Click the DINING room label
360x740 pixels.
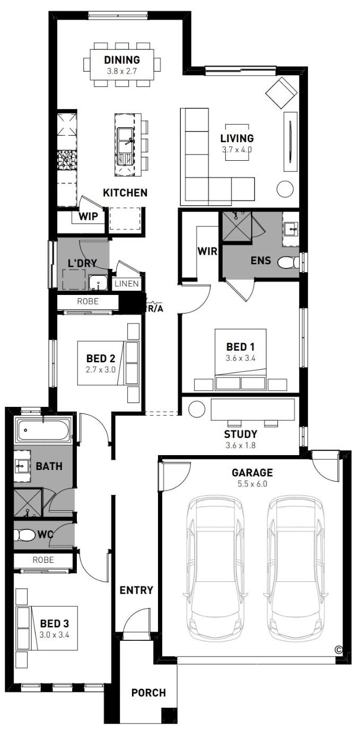pos(122,60)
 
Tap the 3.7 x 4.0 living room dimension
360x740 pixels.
pos(237,149)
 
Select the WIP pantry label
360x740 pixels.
pos(88,216)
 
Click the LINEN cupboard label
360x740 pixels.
pos(127,283)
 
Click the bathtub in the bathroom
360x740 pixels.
pos(43,430)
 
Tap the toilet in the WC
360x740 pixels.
pos(24,535)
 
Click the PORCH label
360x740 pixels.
pos(148,692)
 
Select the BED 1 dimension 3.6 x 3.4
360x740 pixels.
pos(240,358)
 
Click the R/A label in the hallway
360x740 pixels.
pos(155,309)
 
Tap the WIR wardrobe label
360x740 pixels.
pos(207,251)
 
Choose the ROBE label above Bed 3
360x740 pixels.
pos(43,560)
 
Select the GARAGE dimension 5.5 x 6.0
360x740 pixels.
pos(252,484)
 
